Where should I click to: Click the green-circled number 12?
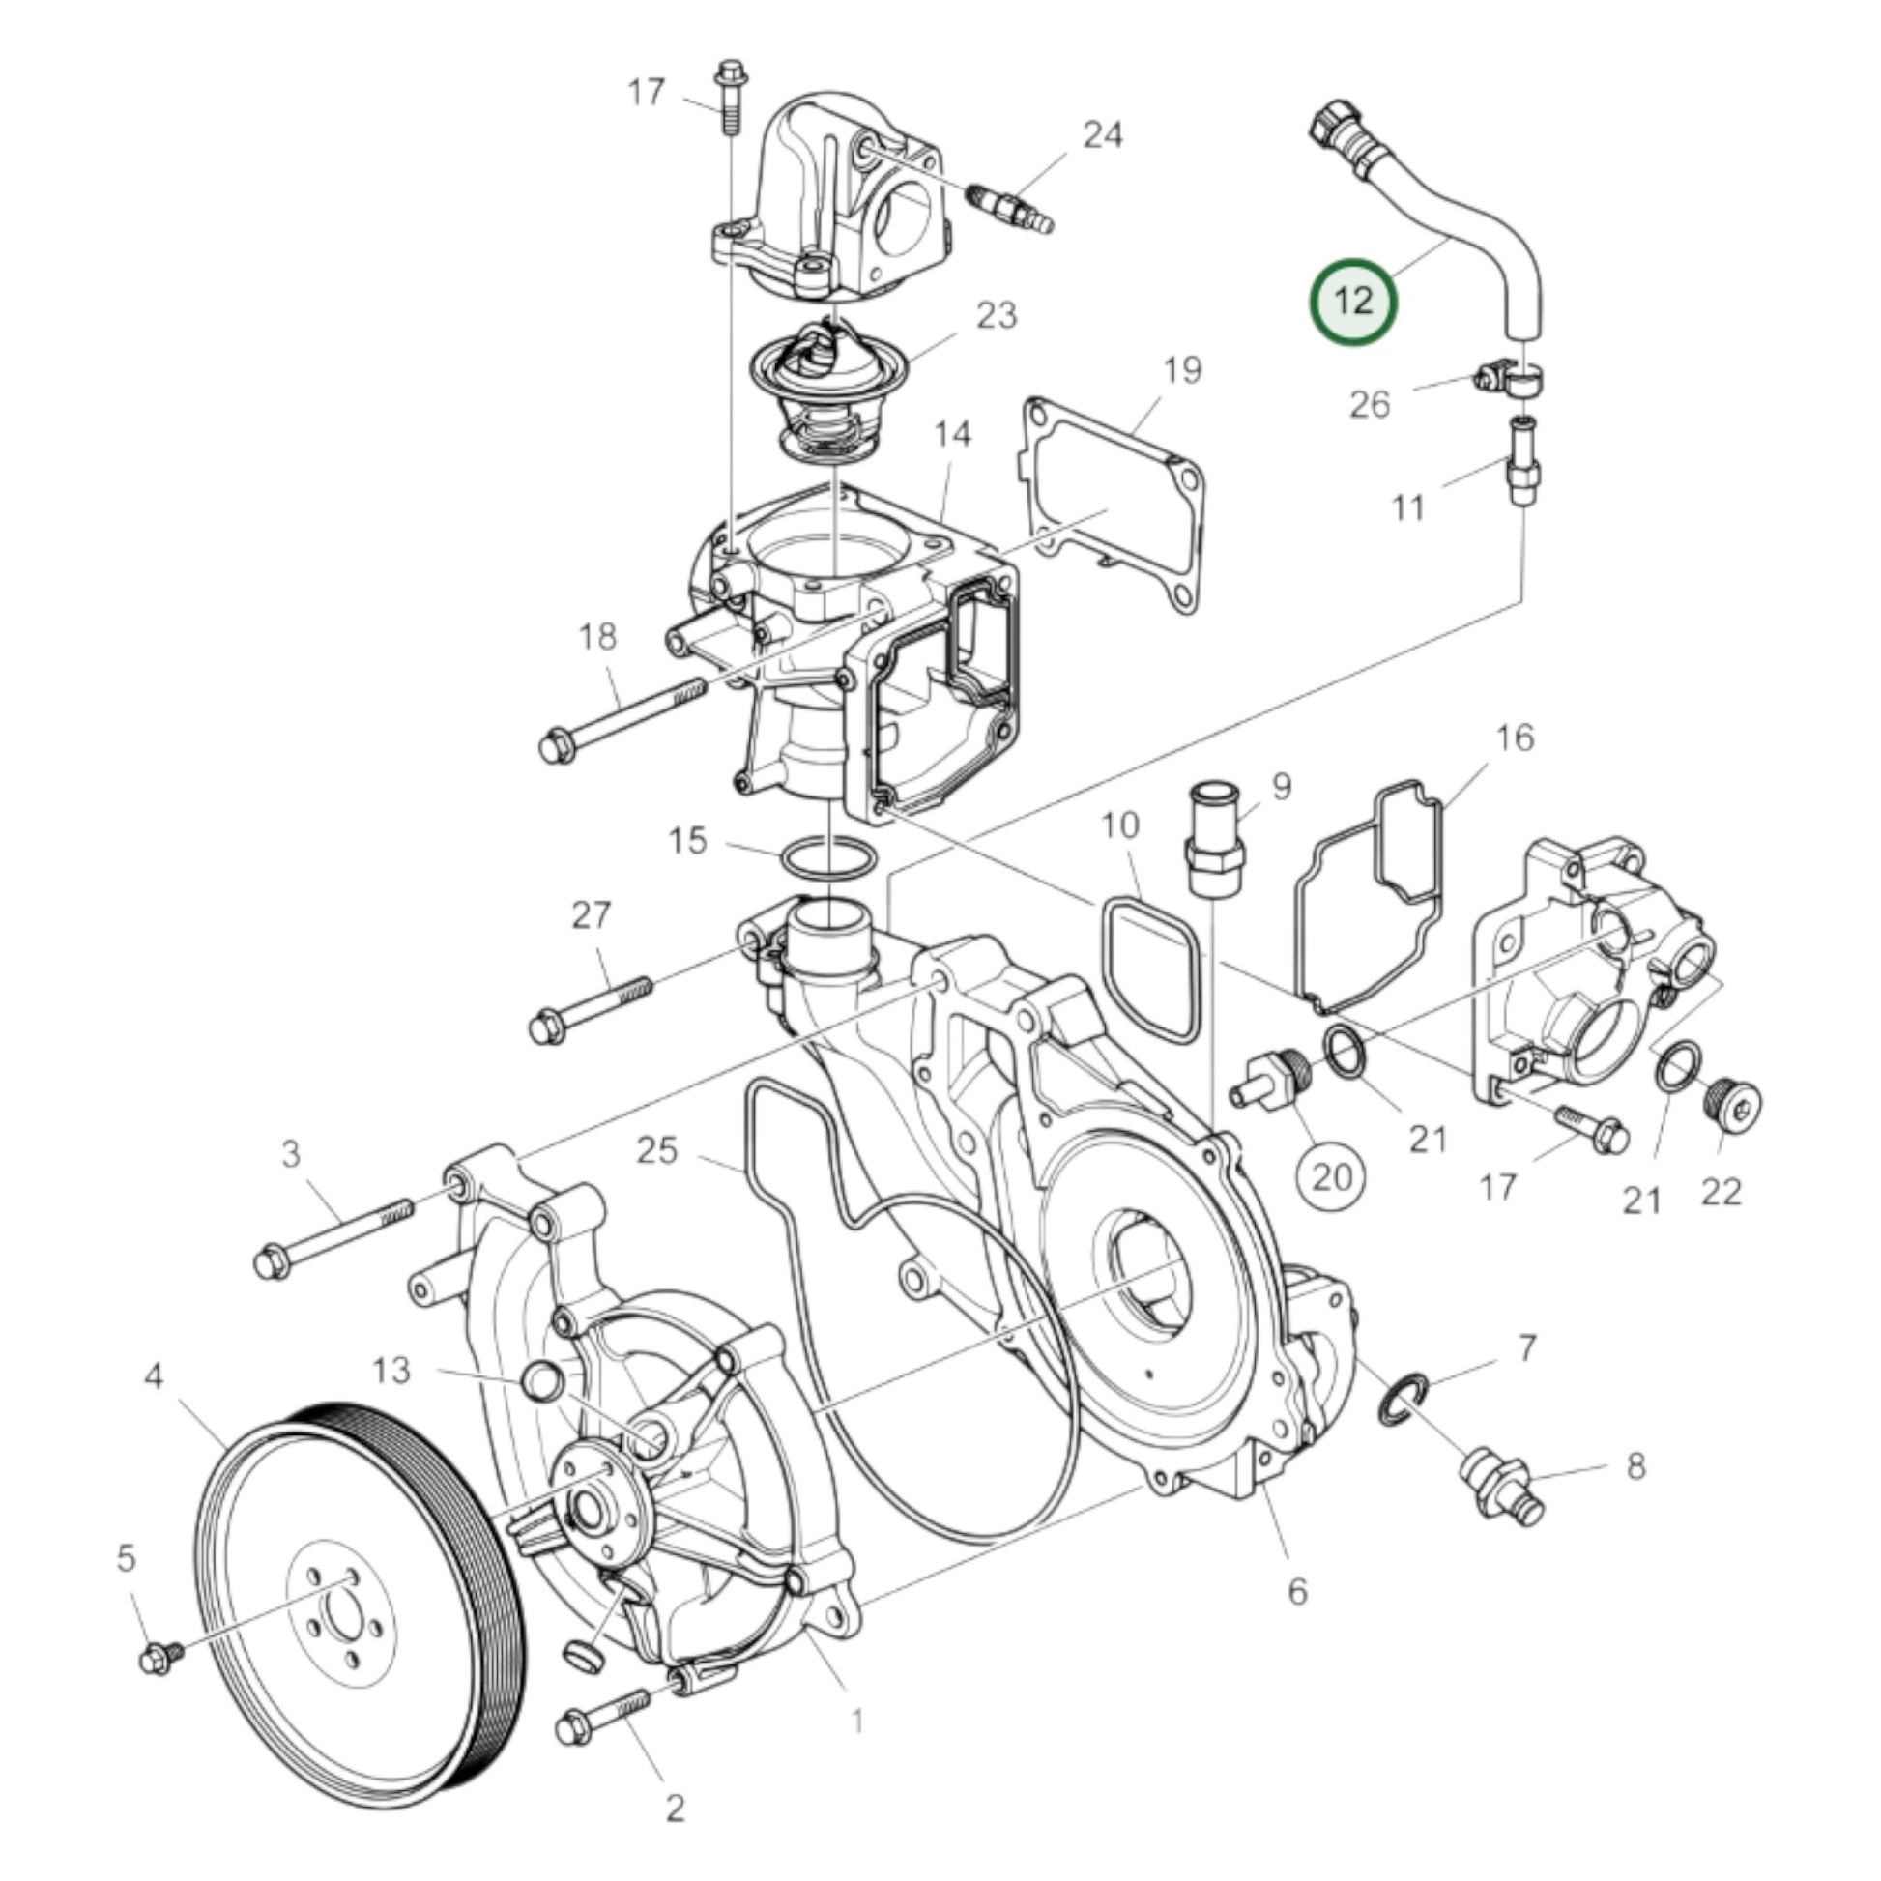point(1353,301)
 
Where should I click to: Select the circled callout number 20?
point(1332,1177)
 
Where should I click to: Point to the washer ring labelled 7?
point(1404,1406)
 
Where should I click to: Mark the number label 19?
point(1182,370)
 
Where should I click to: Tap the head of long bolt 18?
point(557,746)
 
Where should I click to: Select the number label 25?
point(656,1150)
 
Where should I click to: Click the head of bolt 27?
point(547,1027)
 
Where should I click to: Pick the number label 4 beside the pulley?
point(154,1376)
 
